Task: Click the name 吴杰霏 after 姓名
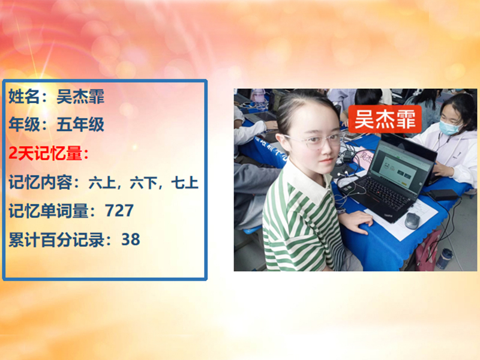pos(80,97)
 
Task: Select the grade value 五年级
pos(80,125)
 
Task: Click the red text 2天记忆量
pos(47,154)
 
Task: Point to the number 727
pos(119,211)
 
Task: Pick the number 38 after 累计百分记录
pos(130,240)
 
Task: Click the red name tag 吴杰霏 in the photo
pos(385,119)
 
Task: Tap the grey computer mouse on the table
pos(412,220)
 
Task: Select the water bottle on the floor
pos(444,259)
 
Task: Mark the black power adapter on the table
pos(443,195)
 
